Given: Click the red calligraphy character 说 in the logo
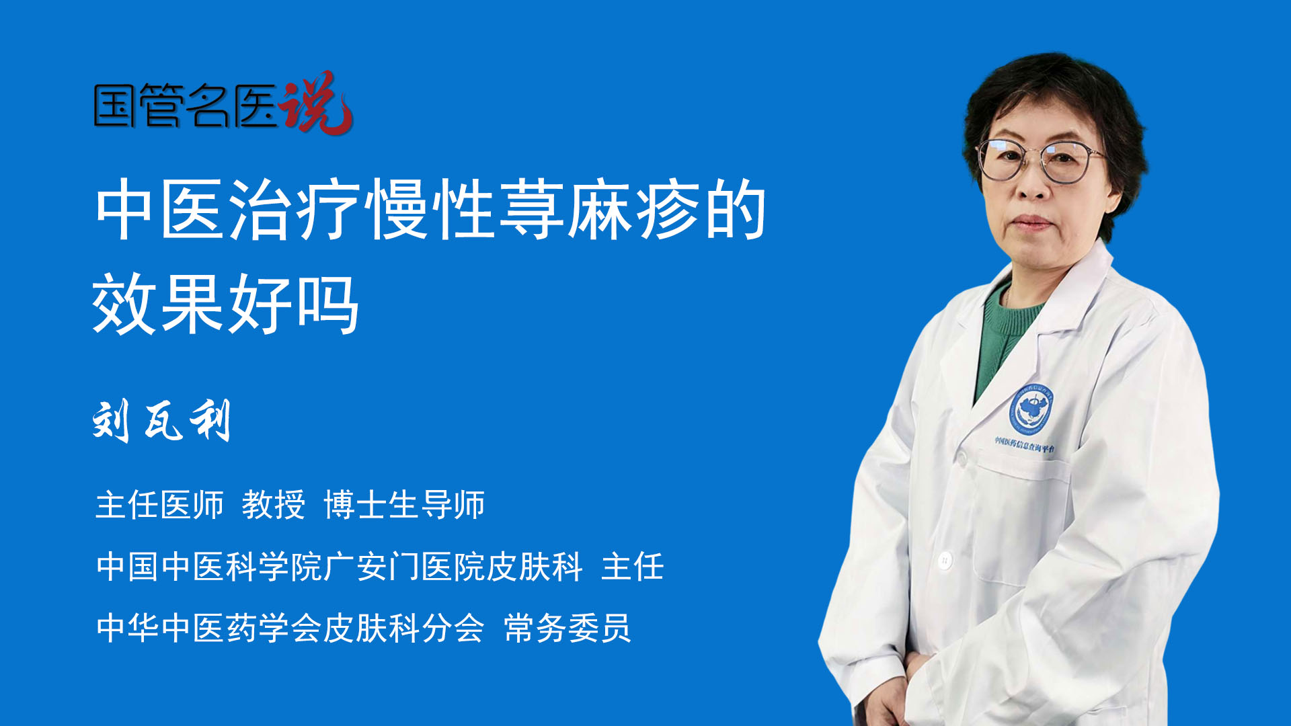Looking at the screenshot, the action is point(316,103).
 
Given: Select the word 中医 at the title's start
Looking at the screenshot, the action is point(160,209).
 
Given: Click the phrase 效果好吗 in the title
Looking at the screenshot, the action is point(226,304).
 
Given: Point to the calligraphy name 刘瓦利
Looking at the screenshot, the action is point(162,420).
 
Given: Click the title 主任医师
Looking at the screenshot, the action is point(159,505).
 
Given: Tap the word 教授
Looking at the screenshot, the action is point(274,505).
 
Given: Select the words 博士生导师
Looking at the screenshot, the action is point(404,505).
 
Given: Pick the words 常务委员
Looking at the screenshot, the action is point(568,629).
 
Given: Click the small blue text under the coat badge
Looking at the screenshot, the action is point(1025,444).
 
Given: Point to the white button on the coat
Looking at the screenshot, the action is point(945,559).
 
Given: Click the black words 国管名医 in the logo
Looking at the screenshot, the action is point(186,106).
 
